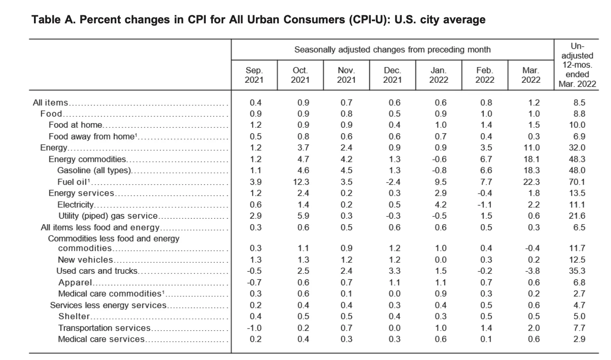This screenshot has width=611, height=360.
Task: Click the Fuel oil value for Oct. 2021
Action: [x=300, y=182]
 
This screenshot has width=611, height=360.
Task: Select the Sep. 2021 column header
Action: [x=254, y=75]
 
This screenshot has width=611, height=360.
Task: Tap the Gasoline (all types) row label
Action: [x=95, y=170]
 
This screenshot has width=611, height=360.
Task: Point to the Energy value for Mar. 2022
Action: [x=531, y=148]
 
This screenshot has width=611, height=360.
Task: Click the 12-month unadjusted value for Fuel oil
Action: [x=577, y=182]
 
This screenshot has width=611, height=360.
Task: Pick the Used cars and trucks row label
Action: [x=97, y=271]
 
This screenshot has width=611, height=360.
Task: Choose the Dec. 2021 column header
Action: [x=392, y=75]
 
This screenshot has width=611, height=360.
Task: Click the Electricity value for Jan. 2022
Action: [x=441, y=205]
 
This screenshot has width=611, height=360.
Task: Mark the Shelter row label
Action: [x=74, y=316]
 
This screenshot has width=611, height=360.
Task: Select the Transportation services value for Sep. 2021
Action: [x=254, y=328]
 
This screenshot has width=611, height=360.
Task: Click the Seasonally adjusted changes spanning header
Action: [x=392, y=50]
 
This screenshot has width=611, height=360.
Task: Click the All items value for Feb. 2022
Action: [x=486, y=103]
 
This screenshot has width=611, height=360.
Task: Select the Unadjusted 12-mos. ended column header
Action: [x=577, y=65]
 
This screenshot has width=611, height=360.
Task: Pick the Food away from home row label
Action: [x=93, y=136]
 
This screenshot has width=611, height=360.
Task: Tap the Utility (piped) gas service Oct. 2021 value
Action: [x=303, y=216]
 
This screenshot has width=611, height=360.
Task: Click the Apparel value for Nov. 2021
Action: [x=346, y=282]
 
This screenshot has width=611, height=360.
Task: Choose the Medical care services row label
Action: [x=101, y=339]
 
